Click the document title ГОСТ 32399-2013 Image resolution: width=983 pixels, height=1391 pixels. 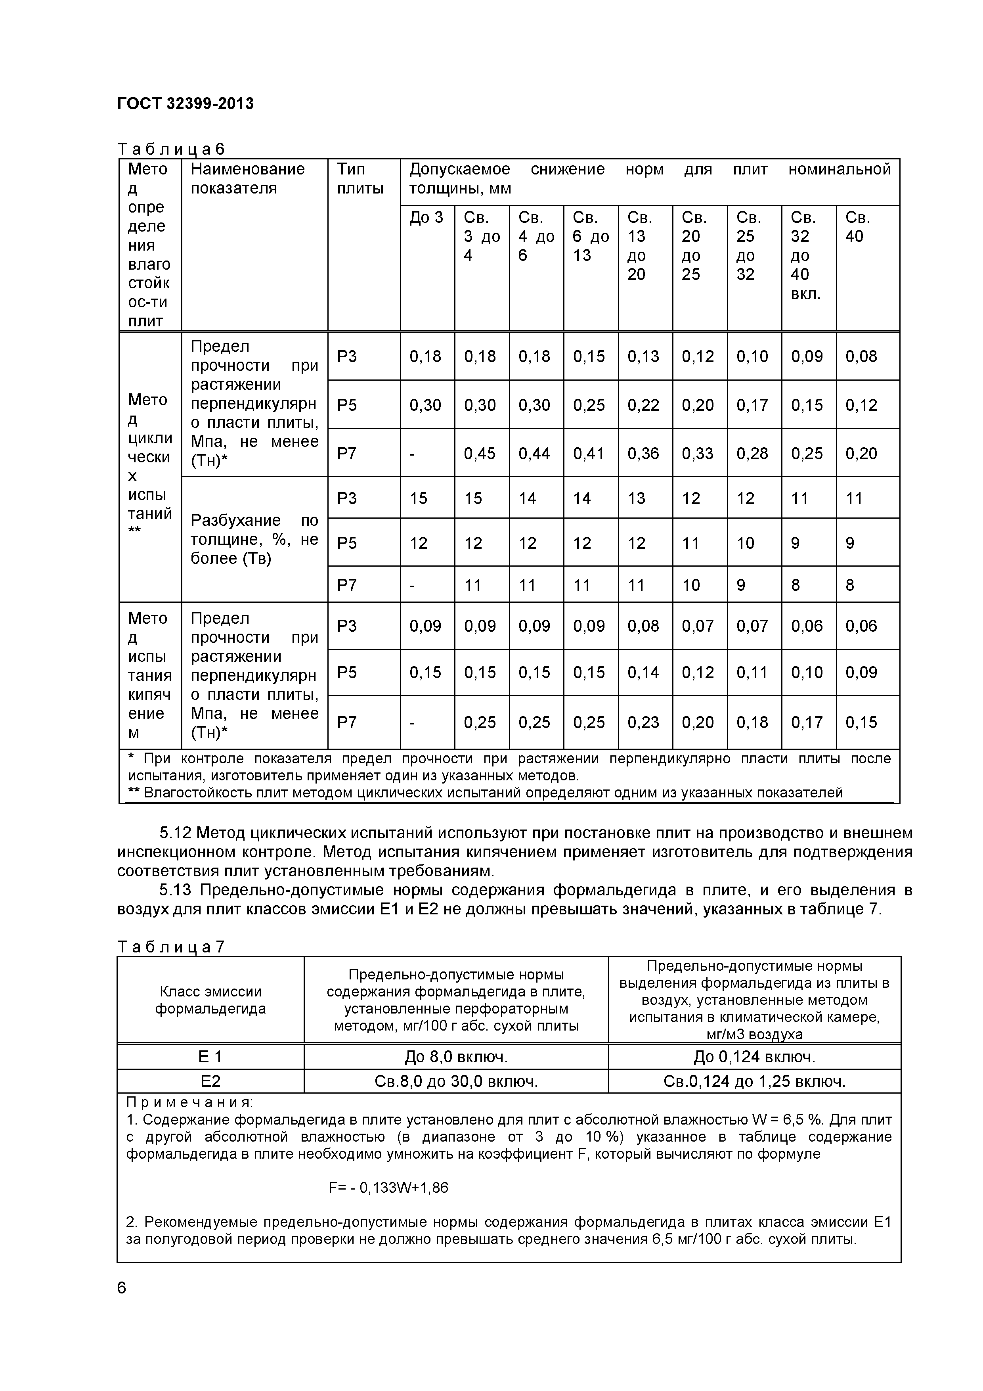point(186,103)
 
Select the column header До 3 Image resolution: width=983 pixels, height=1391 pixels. point(426,218)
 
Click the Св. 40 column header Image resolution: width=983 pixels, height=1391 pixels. point(858,226)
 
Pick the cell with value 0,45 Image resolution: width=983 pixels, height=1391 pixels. point(480,453)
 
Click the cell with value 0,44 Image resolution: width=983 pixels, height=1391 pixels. point(534,453)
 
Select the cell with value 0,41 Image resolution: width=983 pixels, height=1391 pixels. point(589,453)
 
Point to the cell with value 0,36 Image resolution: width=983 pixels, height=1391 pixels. point(643,453)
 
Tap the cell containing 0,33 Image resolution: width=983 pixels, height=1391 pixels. point(698,453)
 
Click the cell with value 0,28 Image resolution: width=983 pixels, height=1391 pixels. point(752,453)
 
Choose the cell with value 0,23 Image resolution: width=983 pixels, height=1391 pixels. point(643,722)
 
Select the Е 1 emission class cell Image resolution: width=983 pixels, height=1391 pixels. point(210,1057)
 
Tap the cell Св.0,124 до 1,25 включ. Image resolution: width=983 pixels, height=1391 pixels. point(754,1081)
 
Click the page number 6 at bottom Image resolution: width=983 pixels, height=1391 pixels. point(122,1288)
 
